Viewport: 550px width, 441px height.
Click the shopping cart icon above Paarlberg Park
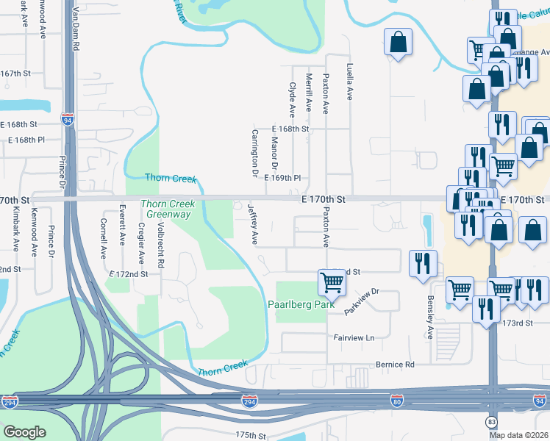click(x=332, y=282)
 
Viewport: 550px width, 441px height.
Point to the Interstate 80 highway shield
click(x=396, y=400)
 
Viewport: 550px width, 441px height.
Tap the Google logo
click(x=24, y=432)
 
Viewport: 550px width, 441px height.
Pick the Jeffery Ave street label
click(x=253, y=225)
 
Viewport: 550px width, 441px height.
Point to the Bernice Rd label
click(x=395, y=365)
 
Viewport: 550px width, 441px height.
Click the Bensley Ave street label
click(x=430, y=318)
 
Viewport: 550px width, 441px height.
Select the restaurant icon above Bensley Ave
click(x=422, y=263)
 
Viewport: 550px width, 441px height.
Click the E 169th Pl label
click(x=283, y=178)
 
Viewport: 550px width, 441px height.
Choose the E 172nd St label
click(x=128, y=273)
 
